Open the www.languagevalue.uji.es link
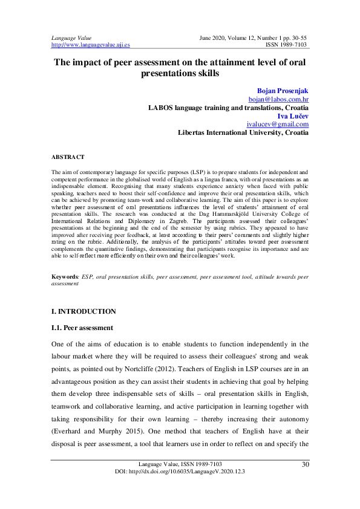[x=90, y=45]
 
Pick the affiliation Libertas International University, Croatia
[x=243, y=132]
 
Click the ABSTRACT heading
[x=68, y=157]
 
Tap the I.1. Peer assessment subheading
[x=82, y=328]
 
